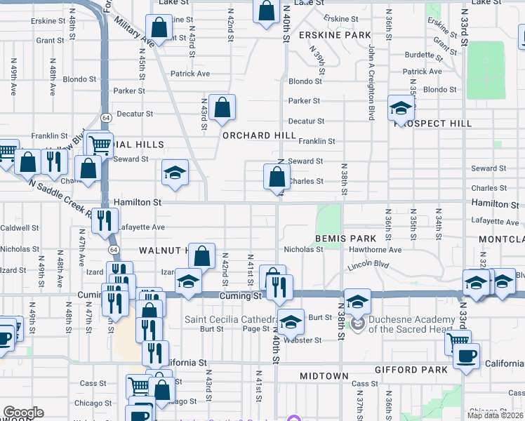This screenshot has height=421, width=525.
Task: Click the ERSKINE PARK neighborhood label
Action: coord(334,34)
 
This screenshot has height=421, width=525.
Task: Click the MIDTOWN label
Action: coord(324,377)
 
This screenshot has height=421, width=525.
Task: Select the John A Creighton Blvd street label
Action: coord(371,82)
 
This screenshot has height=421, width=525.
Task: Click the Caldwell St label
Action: coord(20,228)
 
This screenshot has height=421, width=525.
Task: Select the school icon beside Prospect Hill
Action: coord(401,109)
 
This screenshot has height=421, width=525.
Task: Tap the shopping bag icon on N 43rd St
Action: coord(222,108)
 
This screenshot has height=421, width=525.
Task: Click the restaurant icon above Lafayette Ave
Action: coord(104,219)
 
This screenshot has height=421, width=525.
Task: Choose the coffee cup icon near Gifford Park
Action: coord(465,356)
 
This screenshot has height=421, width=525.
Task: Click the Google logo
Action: coord(22,413)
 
